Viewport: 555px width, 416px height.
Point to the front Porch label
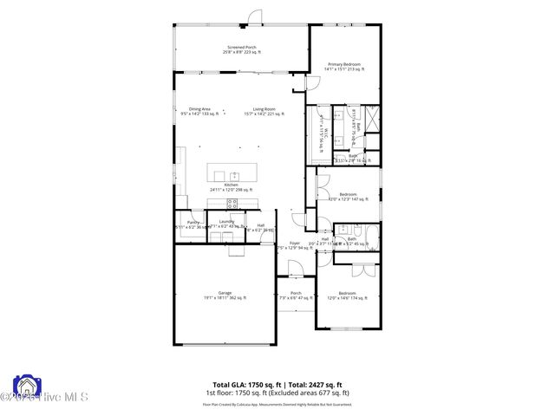pos(296,294)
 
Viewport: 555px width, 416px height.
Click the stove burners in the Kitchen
pos(232,204)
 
